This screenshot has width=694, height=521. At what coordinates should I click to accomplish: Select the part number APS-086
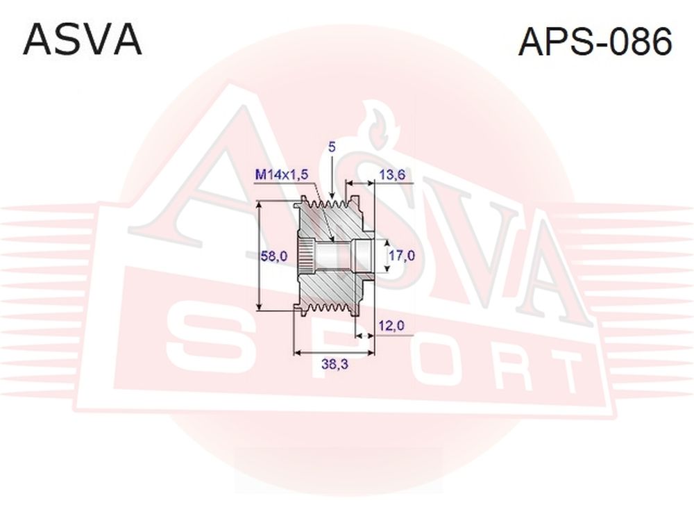tap(595, 41)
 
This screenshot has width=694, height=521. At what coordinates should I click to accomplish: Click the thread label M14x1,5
tap(282, 176)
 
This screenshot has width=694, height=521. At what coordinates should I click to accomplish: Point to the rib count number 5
tap(332, 147)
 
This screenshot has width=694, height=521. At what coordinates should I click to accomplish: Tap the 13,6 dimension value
tap(392, 174)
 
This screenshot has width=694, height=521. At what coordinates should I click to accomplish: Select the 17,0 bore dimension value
tap(401, 255)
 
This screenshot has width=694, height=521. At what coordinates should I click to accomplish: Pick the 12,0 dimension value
tap(391, 326)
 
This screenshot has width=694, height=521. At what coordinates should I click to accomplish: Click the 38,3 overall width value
tap(335, 364)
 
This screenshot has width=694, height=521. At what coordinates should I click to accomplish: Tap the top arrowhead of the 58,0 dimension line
tap(260, 205)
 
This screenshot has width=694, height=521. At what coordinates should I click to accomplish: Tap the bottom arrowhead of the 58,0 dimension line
tap(260, 306)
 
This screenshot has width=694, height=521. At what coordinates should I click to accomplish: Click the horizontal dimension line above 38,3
tap(335, 353)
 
